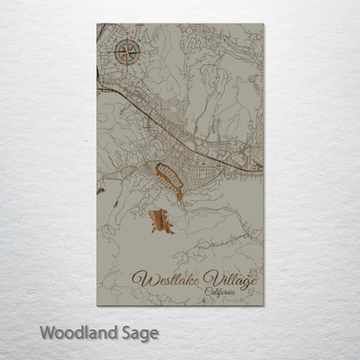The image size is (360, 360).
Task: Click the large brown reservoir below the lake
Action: [x=161, y=221]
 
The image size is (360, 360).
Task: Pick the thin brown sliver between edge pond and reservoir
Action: [x=116, y=203]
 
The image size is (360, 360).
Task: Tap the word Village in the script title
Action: [x=227, y=279]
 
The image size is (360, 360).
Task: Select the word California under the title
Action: [x=223, y=292]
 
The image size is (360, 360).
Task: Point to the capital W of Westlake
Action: [x=140, y=278]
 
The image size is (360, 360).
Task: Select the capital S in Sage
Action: [x=127, y=331]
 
